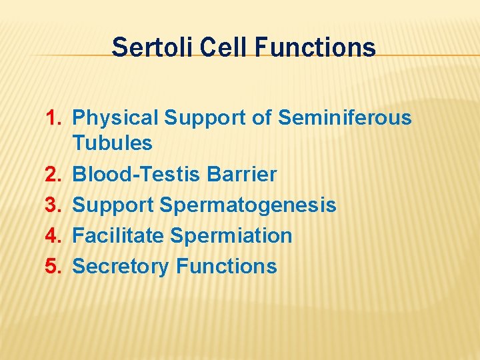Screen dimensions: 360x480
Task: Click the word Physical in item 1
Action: pos(115,118)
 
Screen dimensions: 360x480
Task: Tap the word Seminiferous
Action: pos(345,118)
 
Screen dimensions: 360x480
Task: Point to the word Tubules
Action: pos(112,143)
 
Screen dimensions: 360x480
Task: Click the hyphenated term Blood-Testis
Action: pos(137,175)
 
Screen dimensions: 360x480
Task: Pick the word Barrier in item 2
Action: pos(242,175)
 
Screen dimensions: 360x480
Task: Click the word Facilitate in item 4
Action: pos(118,235)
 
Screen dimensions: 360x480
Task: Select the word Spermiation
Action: pos(231,236)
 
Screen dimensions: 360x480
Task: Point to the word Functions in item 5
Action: pos(226,266)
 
